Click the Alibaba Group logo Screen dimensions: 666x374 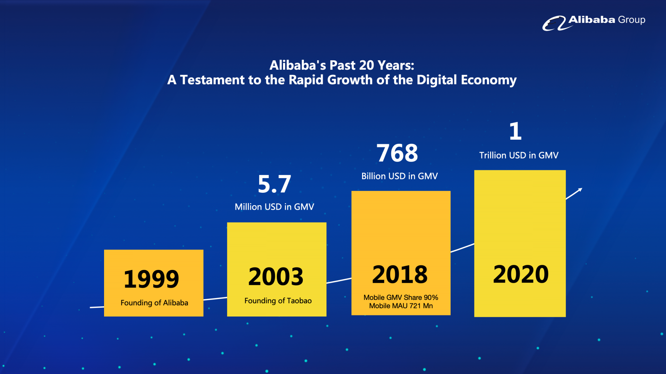click(x=594, y=23)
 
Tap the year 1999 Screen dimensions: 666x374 click(x=151, y=279)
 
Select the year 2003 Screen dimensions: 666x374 click(x=276, y=277)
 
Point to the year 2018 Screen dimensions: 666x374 click(x=400, y=275)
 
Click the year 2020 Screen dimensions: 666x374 click(x=521, y=274)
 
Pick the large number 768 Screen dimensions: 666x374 click(x=397, y=153)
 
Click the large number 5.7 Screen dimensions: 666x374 click(x=274, y=184)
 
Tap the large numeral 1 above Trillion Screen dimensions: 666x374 click(x=515, y=131)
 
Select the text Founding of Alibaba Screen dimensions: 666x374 click(x=154, y=303)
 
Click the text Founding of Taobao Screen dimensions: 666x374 click(x=278, y=301)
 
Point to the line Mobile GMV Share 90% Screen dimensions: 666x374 click(x=401, y=297)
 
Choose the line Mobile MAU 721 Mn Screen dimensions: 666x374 click(x=401, y=306)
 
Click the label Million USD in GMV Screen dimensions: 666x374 click(x=274, y=207)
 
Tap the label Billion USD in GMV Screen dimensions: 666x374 click(x=400, y=176)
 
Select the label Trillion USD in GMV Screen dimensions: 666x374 click(x=519, y=155)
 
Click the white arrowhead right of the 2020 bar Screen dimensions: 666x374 click(x=580, y=190)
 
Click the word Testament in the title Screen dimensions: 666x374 click(x=212, y=80)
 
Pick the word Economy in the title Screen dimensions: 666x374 click(x=489, y=80)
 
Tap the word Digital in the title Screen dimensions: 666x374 click(x=437, y=80)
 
